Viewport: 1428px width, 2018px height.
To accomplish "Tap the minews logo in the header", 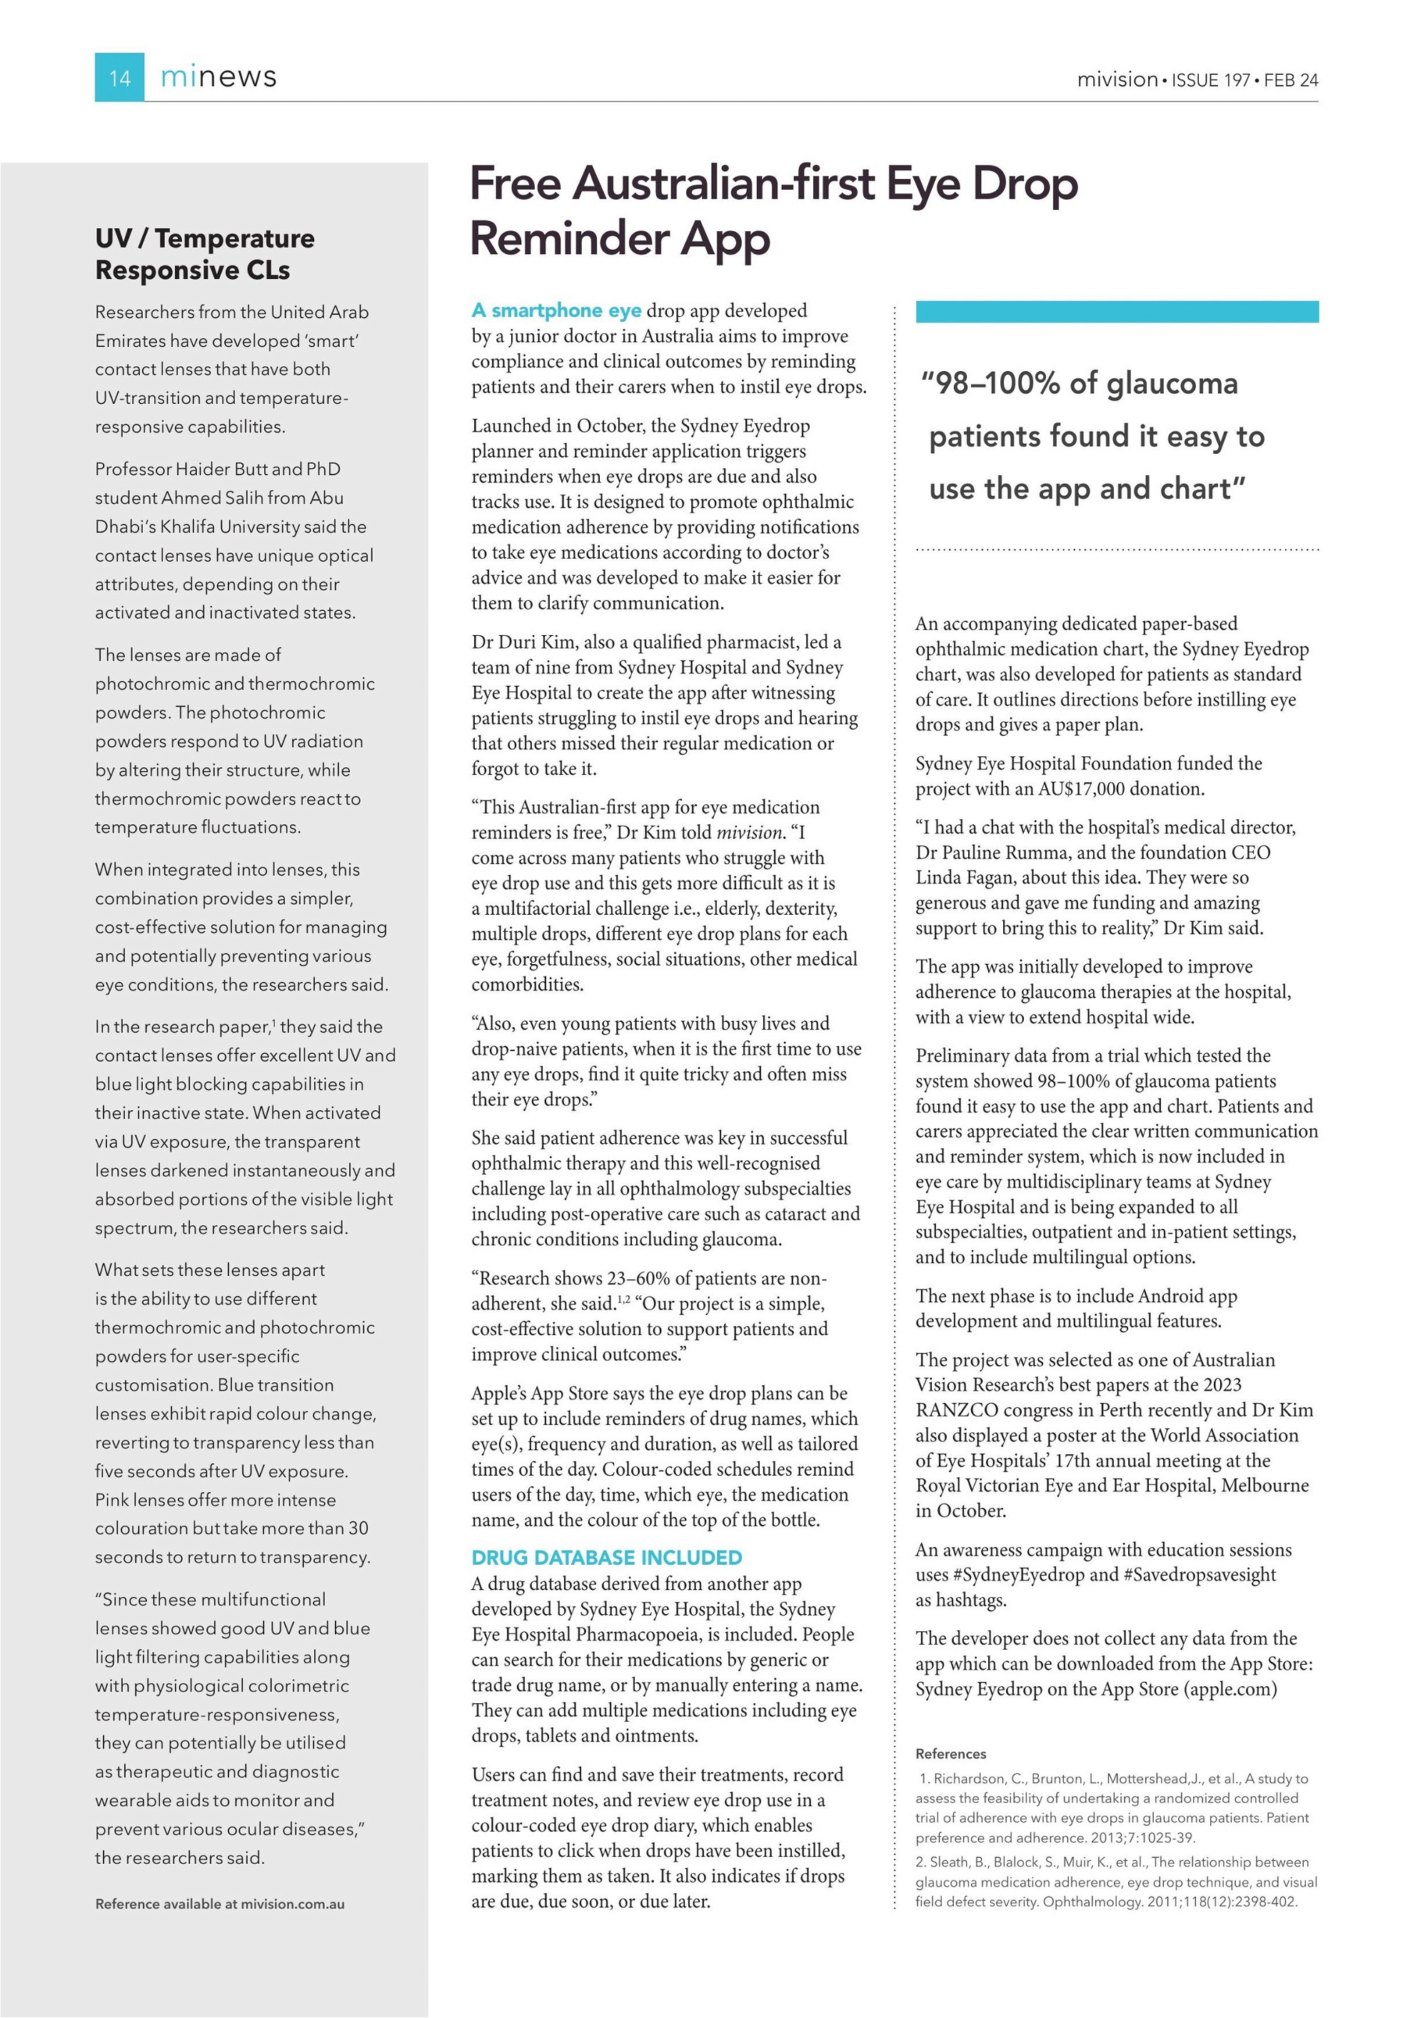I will click(x=218, y=77).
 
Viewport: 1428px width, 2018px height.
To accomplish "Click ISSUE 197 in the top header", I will click(x=1211, y=80).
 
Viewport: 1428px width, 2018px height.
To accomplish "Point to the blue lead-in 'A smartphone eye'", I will click(x=555, y=310).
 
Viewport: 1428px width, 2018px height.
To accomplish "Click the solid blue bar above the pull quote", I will click(x=1117, y=311).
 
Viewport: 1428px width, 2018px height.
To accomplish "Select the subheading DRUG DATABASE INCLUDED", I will click(x=607, y=1558).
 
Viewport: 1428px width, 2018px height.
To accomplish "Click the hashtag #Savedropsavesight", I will click(x=1200, y=1574).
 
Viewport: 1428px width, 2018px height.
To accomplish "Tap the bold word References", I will click(x=950, y=1753).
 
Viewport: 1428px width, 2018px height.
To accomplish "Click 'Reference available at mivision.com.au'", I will click(x=220, y=1904).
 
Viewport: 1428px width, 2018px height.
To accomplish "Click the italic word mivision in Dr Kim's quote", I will click(x=749, y=831).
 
